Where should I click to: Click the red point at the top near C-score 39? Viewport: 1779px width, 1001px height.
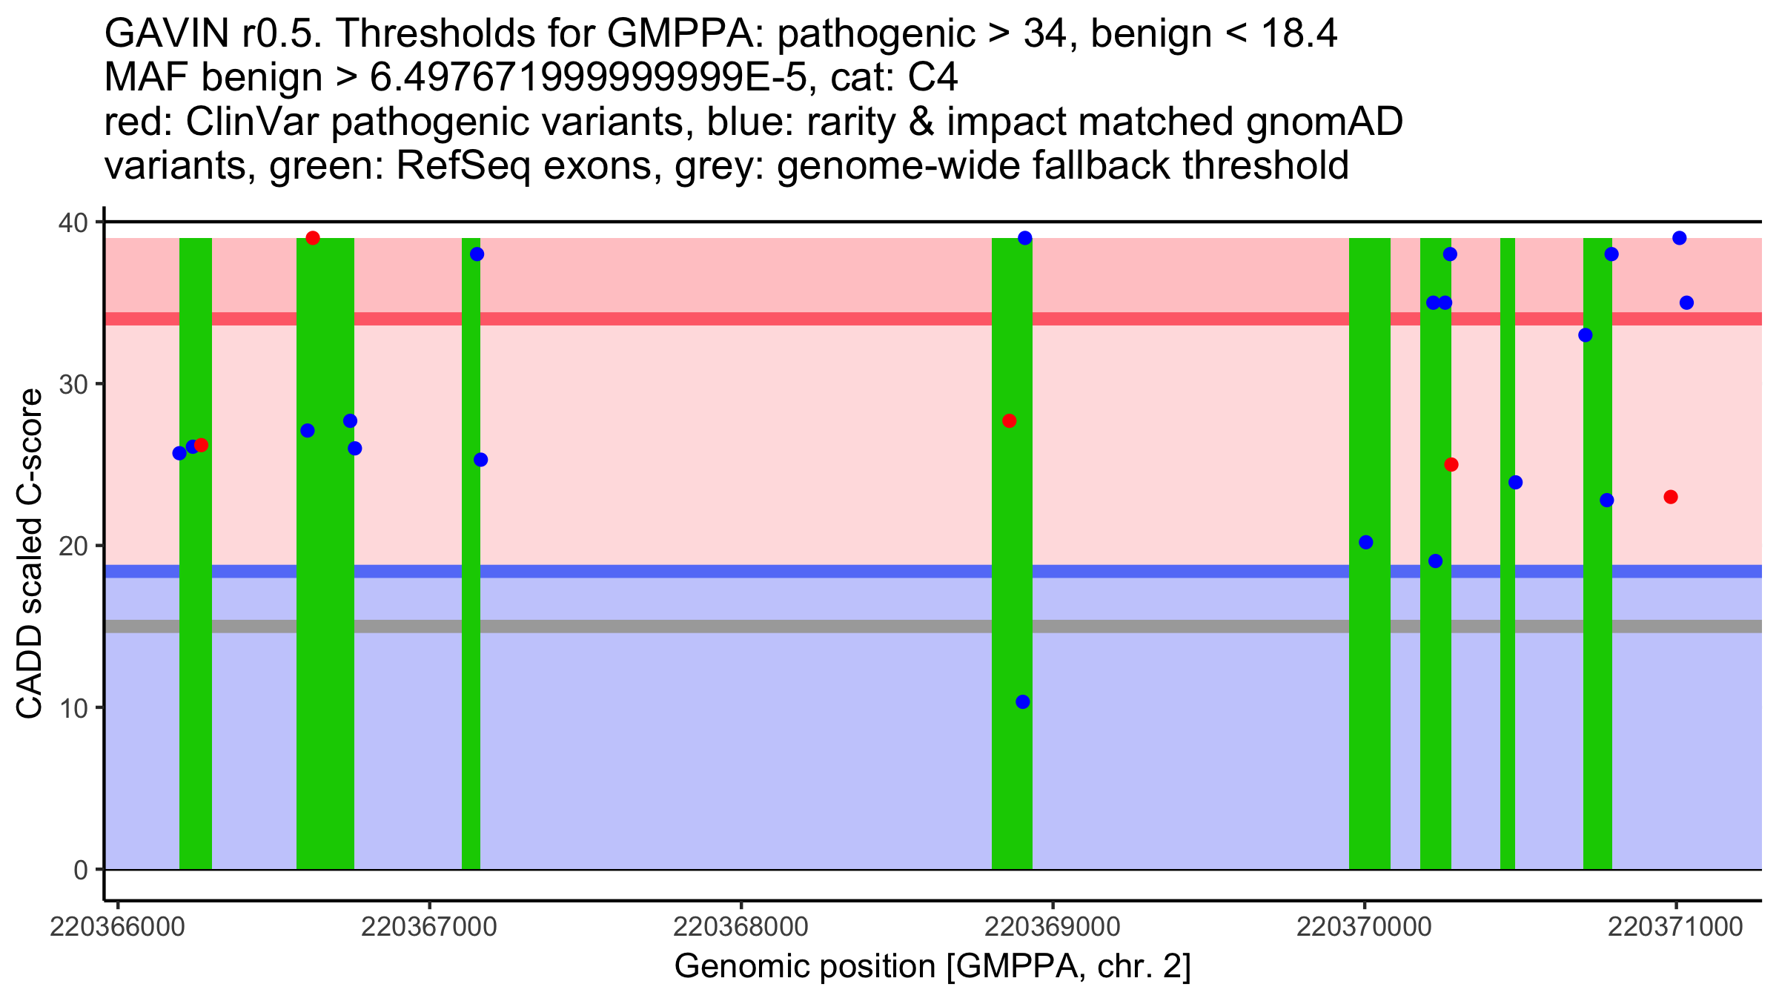tap(313, 238)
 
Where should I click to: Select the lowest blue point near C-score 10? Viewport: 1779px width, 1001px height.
tap(1023, 702)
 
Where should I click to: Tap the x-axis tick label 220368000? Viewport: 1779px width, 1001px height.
tap(741, 927)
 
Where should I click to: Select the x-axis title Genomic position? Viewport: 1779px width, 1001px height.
tap(932, 967)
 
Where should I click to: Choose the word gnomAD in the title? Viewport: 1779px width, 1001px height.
tap(1324, 122)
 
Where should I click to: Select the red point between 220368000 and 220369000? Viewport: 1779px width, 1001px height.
tap(1009, 421)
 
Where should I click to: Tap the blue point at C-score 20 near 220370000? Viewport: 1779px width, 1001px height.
tap(1366, 543)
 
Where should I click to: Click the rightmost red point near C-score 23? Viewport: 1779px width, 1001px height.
tap(1671, 497)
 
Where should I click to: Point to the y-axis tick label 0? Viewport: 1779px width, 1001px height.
tap(80, 870)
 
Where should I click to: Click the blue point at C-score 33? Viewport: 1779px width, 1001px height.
tap(1586, 335)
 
